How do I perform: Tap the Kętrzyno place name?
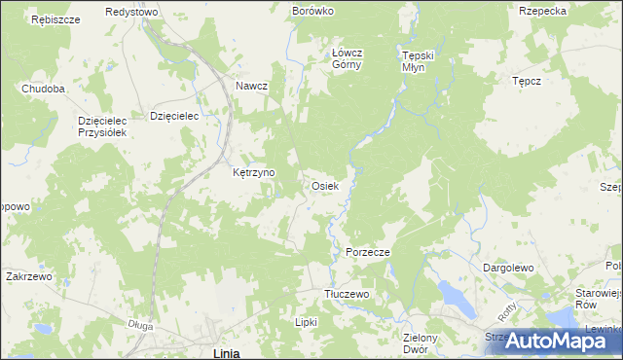click(x=254, y=173)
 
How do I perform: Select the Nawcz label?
click(x=251, y=86)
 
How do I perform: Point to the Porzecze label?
click(x=368, y=252)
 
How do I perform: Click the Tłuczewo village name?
click(x=347, y=294)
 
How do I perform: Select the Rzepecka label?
click(x=543, y=11)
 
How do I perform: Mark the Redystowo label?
click(x=132, y=11)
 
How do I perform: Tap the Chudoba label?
click(x=44, y=89)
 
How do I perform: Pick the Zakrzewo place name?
click(x=28, y=276)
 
